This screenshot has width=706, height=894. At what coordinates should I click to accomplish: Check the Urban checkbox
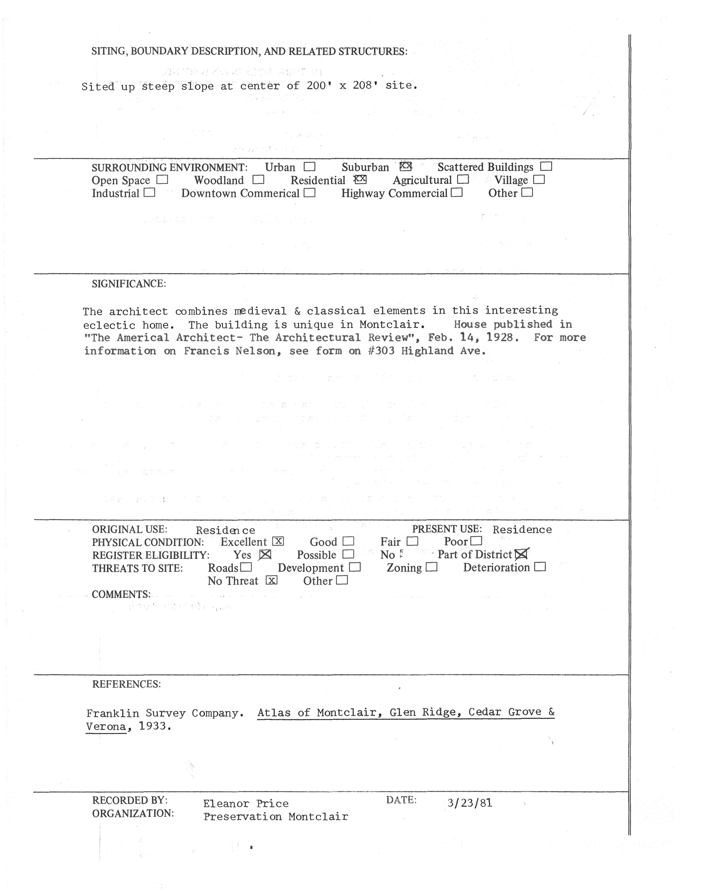pyautogui.click(x=310, y=167)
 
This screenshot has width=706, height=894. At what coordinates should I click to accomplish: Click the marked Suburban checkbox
pyautogui.click(x=406, y=167)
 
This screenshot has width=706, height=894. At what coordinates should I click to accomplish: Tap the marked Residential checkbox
pyautogui.click(x=361, y=179)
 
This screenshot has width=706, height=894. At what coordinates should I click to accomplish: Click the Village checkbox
pyautogui.click(x=539, y=180)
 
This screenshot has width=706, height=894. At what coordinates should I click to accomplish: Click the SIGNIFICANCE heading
pyautogui.click(x=129, y=284)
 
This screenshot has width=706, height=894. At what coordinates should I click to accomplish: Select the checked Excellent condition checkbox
pyautogui.click(x=278, y=541)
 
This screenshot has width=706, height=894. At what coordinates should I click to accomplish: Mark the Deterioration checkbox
pyautogui.click(x=540, y=567)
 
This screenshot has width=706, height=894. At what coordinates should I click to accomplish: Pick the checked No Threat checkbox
pyautogui.click(x=271, y=580)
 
